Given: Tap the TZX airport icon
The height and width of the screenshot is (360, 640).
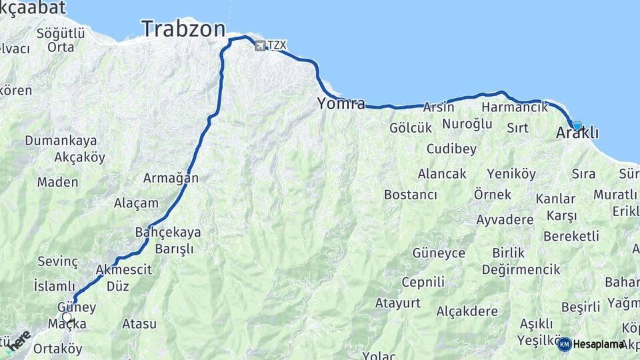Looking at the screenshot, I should tap(259, 45).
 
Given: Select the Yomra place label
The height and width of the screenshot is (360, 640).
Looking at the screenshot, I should tap(341, 103).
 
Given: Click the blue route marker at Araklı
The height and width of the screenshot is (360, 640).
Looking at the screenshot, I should tap(577, 125).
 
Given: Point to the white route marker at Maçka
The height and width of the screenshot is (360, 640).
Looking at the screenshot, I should tap(67, 318).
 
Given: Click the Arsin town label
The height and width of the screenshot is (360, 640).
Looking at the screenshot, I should tap(439, 107).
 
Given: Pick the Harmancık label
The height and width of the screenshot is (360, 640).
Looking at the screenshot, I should tap(514, 107).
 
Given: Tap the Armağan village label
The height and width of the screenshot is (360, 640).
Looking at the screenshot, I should tap(171, 178).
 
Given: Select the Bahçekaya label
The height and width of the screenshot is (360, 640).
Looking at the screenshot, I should tap(167, 233).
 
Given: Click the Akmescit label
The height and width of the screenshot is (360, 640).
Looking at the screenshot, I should tap(124, 270).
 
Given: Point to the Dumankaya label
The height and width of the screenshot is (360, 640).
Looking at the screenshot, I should tap(61, 141).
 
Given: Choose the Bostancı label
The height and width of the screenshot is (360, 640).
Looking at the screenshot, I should tap(410, 195).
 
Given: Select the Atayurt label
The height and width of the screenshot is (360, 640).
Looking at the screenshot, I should tap(397, 303).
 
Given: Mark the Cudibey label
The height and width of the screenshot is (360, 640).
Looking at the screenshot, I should tap(451, 148).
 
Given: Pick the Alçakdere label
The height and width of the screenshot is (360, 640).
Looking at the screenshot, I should tap(467, 311).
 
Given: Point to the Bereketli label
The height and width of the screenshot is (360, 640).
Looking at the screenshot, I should tap(571, 236).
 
